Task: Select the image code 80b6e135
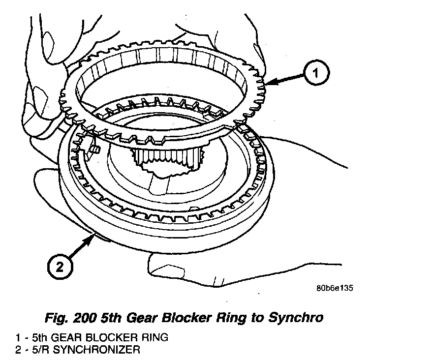click(x=335, y=288)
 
